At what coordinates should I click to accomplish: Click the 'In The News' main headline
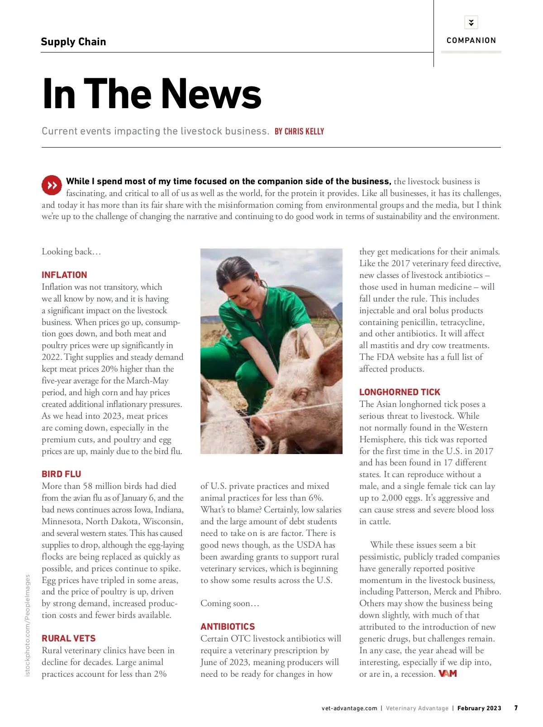click(152, 94)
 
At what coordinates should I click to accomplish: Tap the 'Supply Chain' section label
click(73, 42)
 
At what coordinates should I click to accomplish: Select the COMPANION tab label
click(471, 40)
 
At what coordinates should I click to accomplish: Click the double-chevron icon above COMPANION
click(471, 22)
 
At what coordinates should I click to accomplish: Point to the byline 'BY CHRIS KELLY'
click(299, 131)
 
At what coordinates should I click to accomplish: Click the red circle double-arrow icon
click(52, 185)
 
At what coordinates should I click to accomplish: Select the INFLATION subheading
click(64, 275)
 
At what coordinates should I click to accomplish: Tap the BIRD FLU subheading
click(62, 474)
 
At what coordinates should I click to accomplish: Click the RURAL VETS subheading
click(69, 638)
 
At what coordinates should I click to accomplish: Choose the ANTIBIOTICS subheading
click(228, 627)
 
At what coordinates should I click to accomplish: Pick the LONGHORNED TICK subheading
click(400, 392)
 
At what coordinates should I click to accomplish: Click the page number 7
click(516, 708)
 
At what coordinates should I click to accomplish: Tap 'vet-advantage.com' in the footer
click(349, 708)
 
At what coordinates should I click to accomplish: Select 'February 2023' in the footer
click(479, 708)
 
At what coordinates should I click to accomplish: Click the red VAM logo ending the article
click(448, 674)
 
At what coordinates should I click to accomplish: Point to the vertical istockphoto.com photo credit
click(28, 625)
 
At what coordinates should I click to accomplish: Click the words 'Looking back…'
click(71, 252)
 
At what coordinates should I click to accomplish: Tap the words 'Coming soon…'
click(230, 603)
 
